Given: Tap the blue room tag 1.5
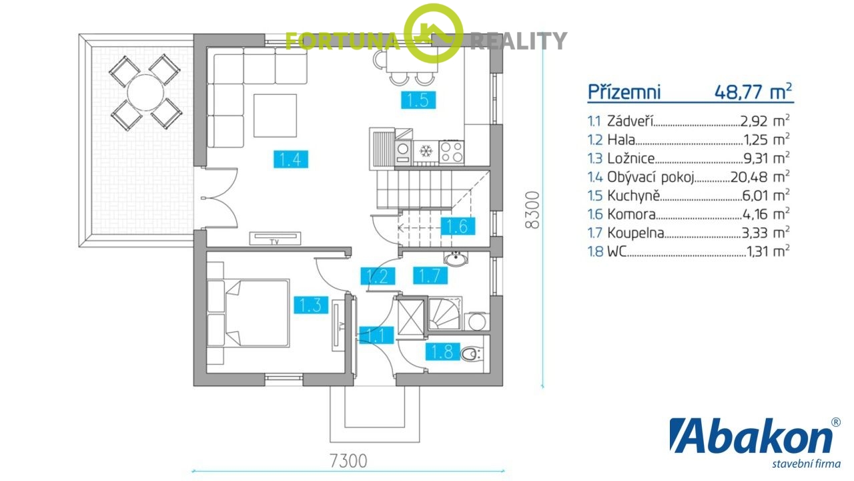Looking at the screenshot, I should (418, 101).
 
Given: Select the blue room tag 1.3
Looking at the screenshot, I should (311, 305).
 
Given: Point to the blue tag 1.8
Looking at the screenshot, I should (442, 351).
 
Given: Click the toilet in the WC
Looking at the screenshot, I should (471, 352).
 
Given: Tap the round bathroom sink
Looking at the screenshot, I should (457, 259).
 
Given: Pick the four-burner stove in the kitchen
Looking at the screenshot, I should (450, 151).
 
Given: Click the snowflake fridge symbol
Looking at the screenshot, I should (425, 152).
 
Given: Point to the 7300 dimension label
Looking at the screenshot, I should (348, 460).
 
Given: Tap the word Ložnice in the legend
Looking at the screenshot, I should (631, 158).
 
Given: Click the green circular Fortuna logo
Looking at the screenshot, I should (434, 33).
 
